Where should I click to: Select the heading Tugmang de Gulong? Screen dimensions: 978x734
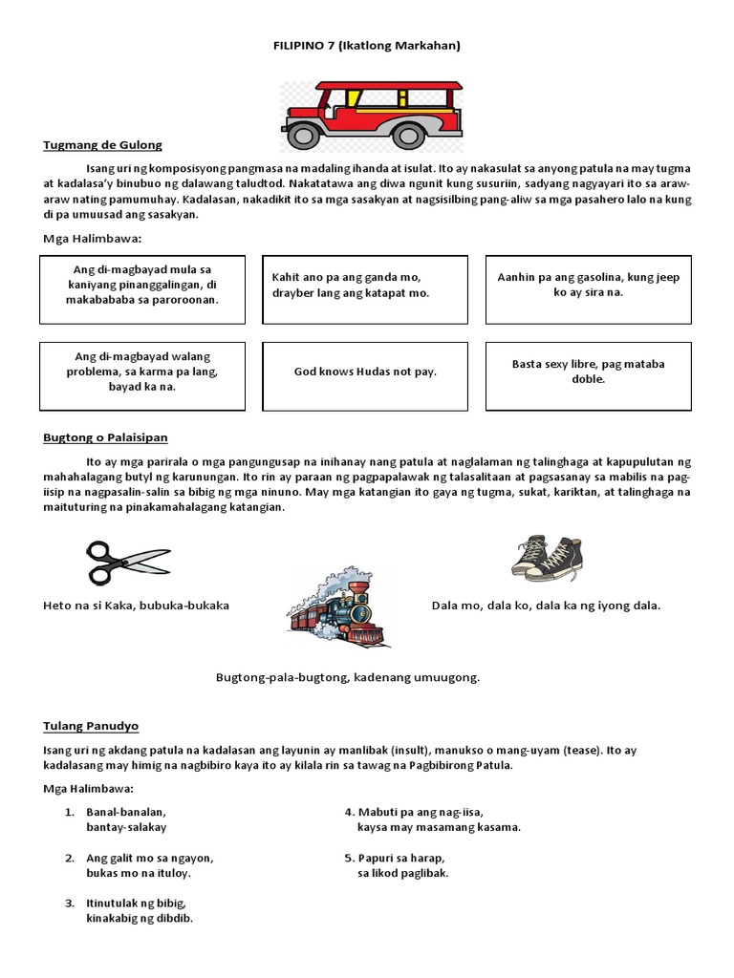[102, 145]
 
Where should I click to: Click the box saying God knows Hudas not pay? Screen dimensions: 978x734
[365, 372]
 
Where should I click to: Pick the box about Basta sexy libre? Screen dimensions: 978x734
[588, 372]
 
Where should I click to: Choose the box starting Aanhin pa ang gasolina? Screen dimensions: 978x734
[588, 285]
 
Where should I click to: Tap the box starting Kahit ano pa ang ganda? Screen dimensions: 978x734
[365, 285]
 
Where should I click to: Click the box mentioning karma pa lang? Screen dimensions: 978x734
[141, 372]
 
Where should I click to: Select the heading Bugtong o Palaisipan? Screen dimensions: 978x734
[105, 437]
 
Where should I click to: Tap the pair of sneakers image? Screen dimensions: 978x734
[547, 559]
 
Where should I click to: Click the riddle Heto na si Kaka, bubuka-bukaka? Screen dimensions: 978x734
[137, 606]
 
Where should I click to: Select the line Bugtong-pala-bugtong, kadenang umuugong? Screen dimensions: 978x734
[348, 677]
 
